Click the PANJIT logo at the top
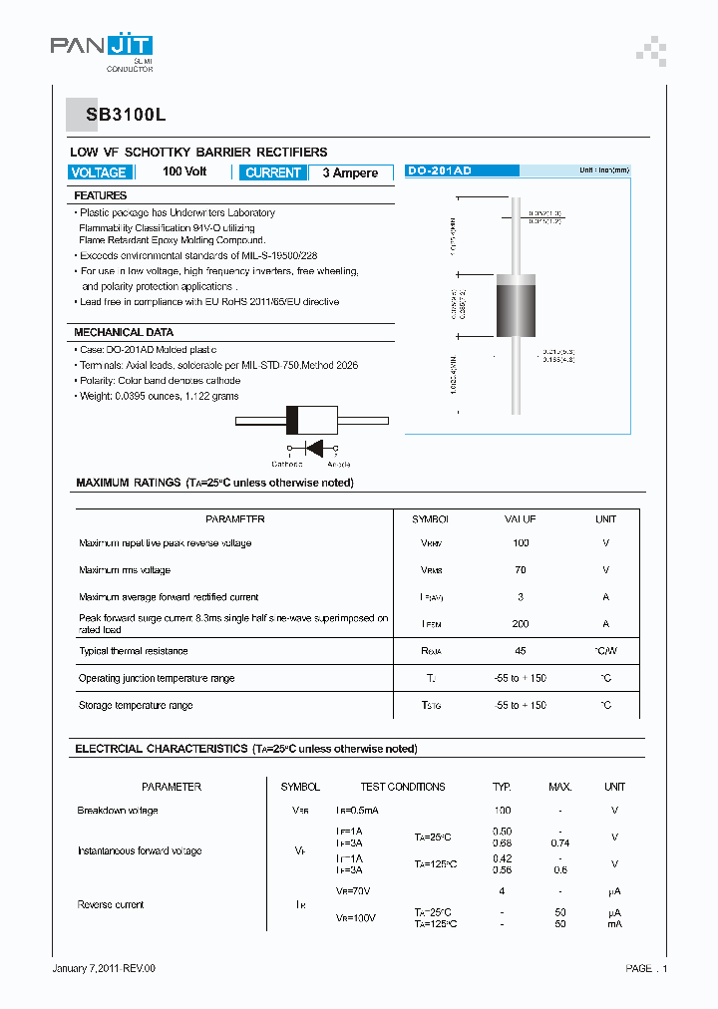[102, 47]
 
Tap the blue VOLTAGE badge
[99, 172]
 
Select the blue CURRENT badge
[272, 172]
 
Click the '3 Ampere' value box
[350, 172]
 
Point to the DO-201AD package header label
[440, 171]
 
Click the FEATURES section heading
[101, 196]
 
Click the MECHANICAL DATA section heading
[124, 332]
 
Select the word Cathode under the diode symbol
[287, 464]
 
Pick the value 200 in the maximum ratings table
[521, 624]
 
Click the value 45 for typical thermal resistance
[521, 651]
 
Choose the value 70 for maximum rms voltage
[521, 570]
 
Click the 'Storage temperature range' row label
[136, 705]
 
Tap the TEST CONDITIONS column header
[402, 787]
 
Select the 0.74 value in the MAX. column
[560, 843]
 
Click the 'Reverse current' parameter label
[111, 904]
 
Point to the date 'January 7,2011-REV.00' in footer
[104, 968]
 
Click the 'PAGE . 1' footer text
[646, 968]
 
